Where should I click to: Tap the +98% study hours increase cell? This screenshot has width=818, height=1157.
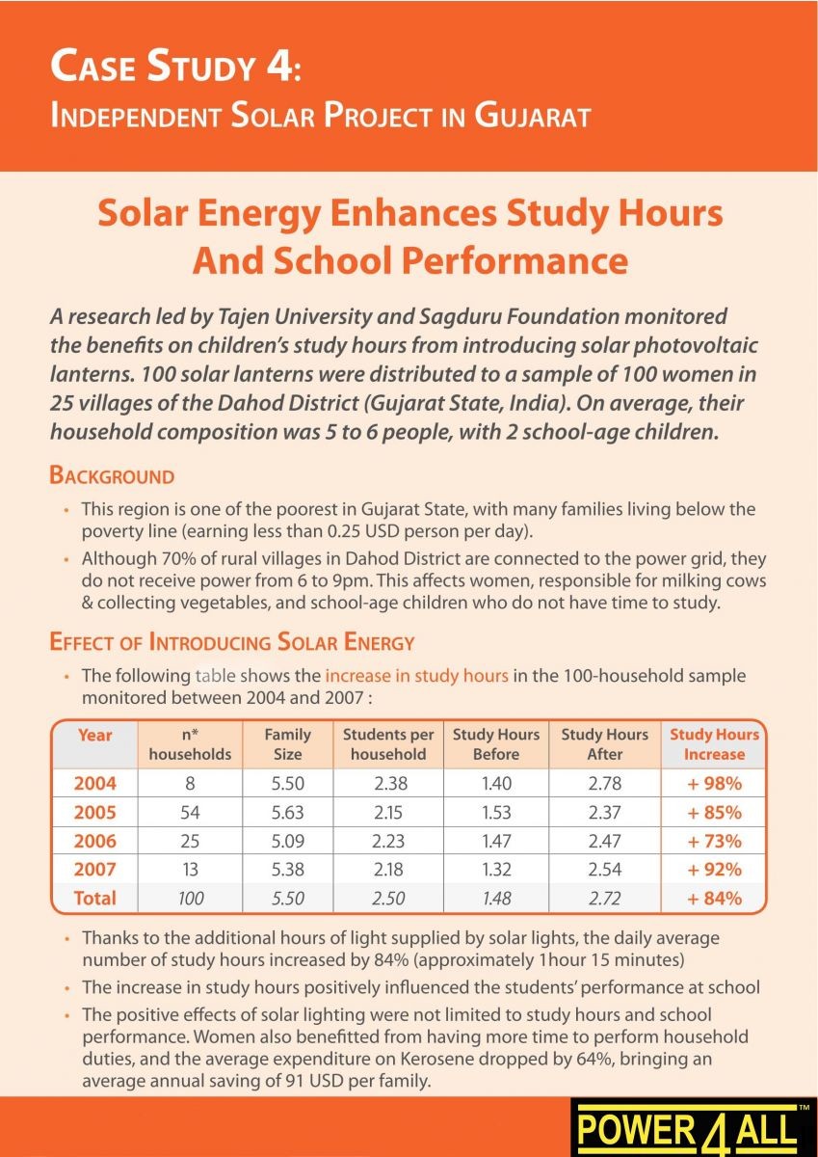714,784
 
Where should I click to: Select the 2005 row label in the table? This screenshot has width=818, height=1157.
95,813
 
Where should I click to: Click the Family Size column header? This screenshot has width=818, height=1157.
287,744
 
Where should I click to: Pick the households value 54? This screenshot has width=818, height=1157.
190,813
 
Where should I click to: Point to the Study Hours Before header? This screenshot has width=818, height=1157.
496,744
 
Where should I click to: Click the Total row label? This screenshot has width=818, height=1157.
95,899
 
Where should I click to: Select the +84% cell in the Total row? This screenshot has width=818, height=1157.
714,899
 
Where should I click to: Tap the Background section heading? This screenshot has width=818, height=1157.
112,476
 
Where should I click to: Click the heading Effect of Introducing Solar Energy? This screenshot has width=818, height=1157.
231,643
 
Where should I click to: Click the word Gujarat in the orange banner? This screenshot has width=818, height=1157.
532,117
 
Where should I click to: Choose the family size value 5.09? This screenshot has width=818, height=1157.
287,841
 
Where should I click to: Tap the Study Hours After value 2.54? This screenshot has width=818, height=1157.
605,870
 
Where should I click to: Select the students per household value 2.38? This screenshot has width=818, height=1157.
388,784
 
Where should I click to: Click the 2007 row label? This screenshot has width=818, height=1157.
95,870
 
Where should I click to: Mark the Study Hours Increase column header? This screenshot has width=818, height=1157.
714,744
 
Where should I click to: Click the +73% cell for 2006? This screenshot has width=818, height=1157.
714,841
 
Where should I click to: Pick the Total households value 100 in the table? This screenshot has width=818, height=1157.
190,899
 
